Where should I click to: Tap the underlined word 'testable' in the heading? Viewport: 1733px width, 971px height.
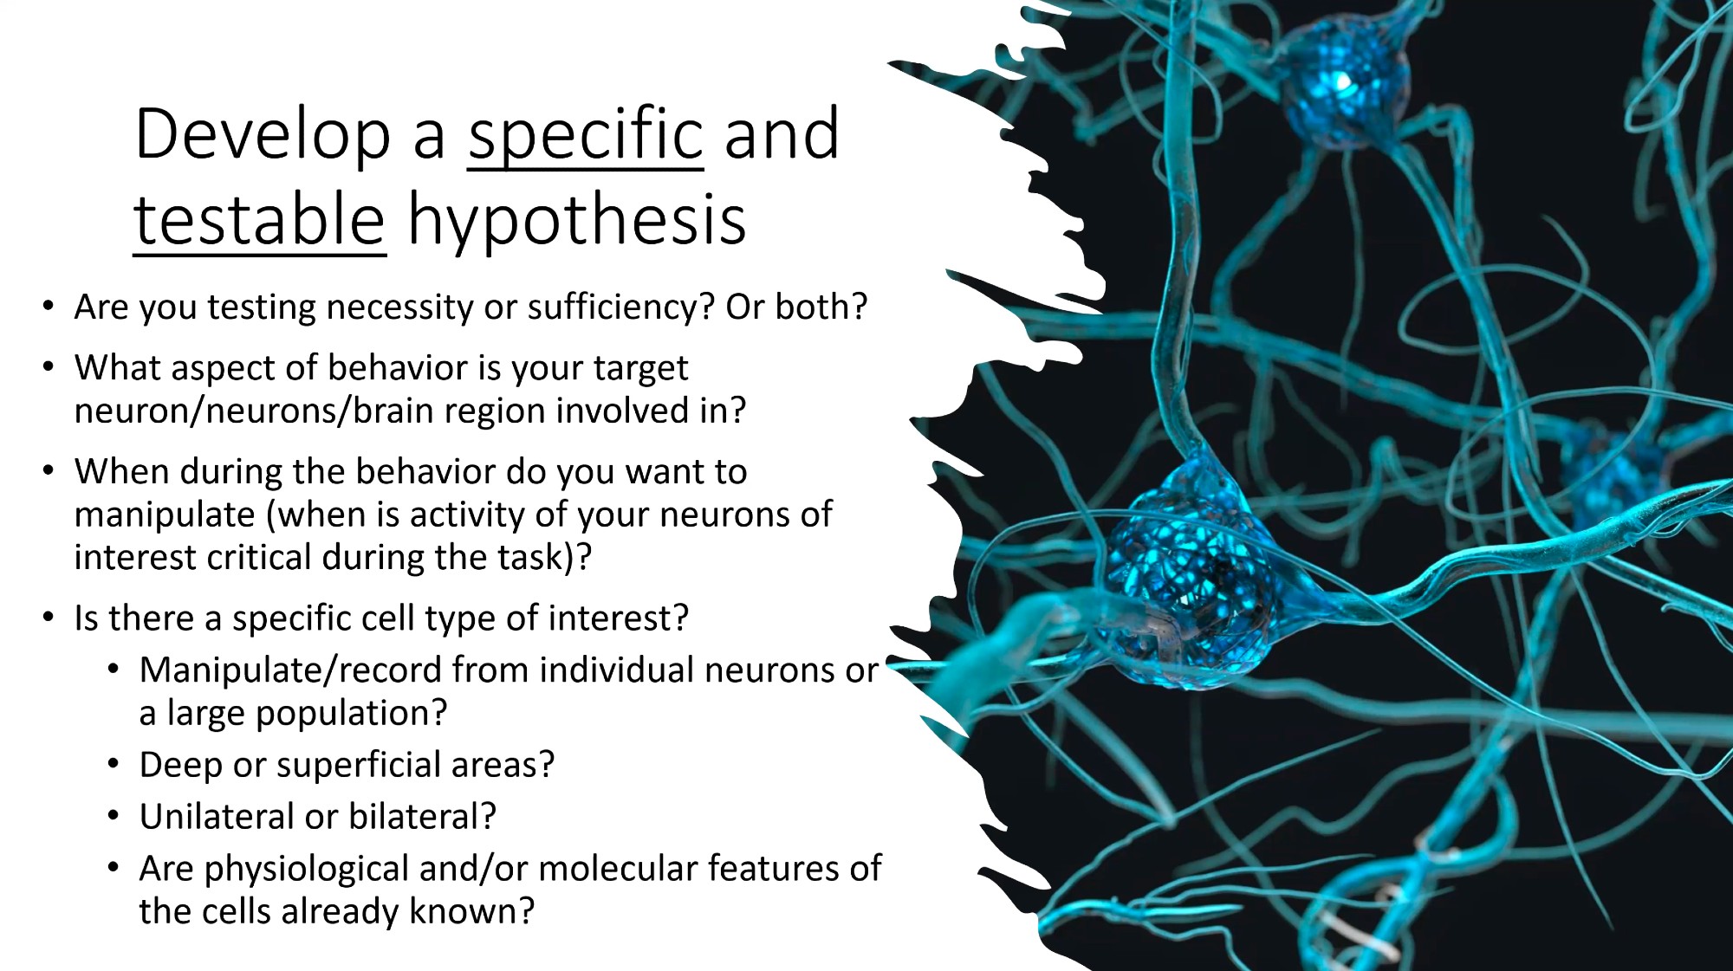[259, 220]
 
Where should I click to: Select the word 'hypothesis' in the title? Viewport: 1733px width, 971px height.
[577, 222]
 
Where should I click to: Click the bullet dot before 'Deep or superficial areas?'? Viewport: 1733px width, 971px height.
[114, 765]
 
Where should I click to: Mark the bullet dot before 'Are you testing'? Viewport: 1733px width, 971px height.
[49, 307]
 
